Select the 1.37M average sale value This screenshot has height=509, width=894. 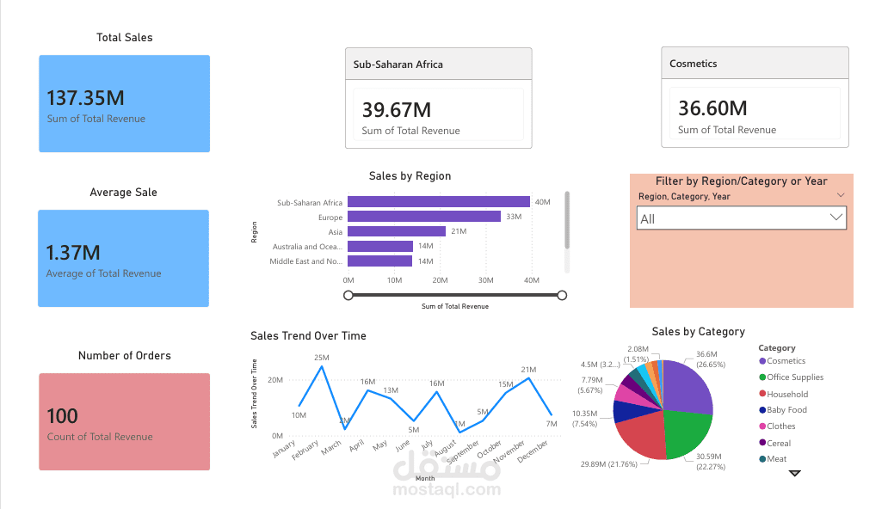click(73, 253)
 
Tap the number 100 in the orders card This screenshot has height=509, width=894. click(63, 416)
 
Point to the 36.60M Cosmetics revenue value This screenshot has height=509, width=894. click(712, 108)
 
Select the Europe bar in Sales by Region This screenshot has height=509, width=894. click(423, 218)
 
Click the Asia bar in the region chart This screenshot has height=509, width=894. click(396, 232)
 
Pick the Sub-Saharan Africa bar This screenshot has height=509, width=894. click(438, 203)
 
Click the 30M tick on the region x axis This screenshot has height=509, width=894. click(485, 280)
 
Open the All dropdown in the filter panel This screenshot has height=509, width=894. click(742, 218)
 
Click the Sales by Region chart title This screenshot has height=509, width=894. click(410, 176)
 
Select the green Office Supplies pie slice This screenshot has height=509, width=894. click(685, 434)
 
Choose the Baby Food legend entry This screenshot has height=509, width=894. click(786, 410)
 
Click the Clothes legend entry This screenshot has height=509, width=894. click(780, 426)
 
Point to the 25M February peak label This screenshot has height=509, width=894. click(322, 358)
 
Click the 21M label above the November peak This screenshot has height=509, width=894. click(528, 370)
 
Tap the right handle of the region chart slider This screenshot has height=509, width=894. click(562, 296)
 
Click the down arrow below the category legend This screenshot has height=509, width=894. click(794, 473)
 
